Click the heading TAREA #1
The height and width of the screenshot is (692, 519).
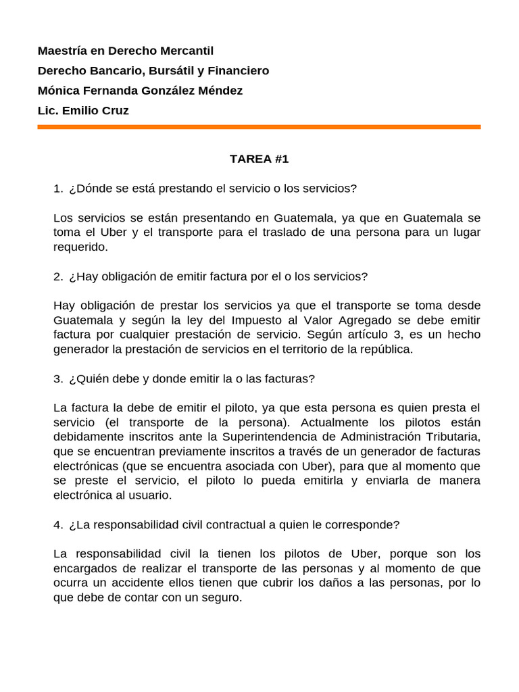[259, 159]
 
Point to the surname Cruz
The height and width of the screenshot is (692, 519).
[115, 110]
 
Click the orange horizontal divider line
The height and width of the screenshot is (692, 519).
[259, 126]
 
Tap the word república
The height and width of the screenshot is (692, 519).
[386, 349]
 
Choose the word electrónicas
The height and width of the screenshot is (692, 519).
[85, 466]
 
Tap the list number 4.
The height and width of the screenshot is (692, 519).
[57, 524]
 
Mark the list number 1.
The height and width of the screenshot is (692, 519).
[57, 189]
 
